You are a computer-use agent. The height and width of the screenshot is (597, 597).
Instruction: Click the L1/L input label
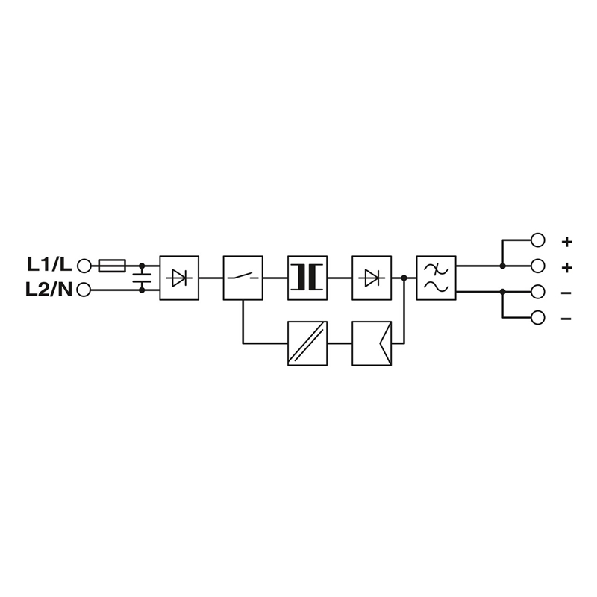pos(49,265)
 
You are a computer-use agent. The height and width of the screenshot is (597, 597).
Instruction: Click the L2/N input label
pos(49,290)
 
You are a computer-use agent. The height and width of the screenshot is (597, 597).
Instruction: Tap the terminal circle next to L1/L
pos(84,266)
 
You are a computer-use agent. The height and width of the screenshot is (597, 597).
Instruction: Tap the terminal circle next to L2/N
pos(84,290)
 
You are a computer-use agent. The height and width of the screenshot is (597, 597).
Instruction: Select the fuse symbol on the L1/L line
pos(112,266)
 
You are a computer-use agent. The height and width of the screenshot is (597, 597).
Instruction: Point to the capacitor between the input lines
pos(142,278)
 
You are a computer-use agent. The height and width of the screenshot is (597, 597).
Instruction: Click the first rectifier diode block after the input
pos(179,278)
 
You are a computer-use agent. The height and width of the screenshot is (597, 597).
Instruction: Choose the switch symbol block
pos(243,278)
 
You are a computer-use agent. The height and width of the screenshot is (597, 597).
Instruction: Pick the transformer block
pos(307,278)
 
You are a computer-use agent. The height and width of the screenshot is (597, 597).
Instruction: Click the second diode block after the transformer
pos(372,278)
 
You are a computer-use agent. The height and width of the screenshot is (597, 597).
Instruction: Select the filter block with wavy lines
pos(436,278)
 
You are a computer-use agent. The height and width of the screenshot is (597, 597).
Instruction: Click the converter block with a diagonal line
pos(307,343)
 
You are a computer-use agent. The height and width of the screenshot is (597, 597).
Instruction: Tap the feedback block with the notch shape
pos(372,343)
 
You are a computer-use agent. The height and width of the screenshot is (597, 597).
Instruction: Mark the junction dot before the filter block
pos(404,278)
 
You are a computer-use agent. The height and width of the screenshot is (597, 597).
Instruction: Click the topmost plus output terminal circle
pos(537,240)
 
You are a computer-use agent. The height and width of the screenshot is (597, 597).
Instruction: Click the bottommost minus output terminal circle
pos(537,318)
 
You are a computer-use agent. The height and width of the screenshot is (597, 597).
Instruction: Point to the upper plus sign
pos(567,242)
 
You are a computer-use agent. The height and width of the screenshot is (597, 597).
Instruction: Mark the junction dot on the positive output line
pos(502,266)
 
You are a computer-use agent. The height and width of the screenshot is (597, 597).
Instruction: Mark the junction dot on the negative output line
pos(502,292)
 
